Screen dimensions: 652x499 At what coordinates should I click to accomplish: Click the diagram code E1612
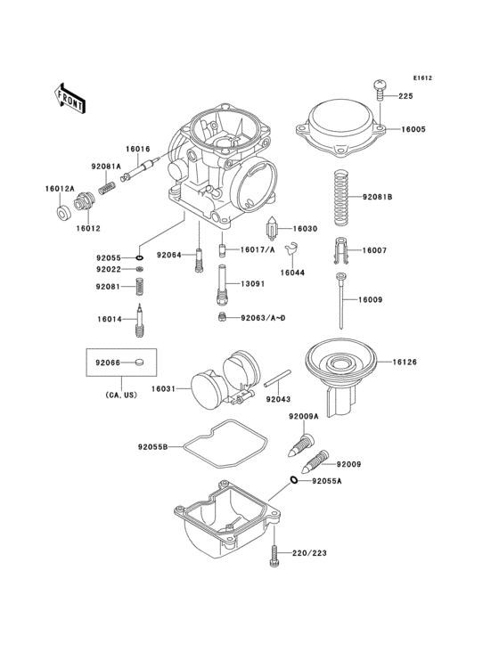[421, 78]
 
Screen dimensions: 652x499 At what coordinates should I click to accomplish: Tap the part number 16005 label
[413, 130]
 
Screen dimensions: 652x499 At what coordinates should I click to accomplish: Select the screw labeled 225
[380, 87]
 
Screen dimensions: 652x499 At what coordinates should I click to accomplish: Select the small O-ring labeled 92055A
[292, 482]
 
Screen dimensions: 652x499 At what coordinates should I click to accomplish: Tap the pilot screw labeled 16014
[139, 321]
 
